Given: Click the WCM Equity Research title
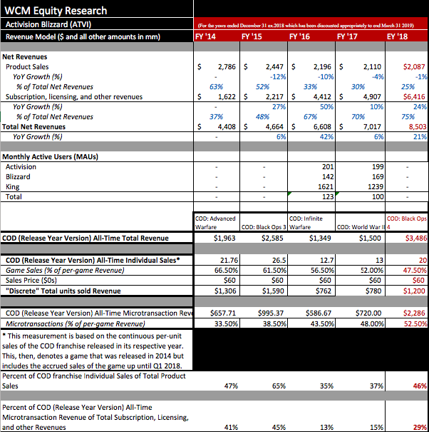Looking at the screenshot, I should (x=56, y=11).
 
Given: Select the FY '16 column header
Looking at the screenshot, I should (x=299, y=35).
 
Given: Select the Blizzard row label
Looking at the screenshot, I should (x=19, y=176).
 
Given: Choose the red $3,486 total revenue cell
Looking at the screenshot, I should (x=413, y=237).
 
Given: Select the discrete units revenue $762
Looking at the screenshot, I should (x=319, y=291).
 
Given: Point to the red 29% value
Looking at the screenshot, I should (x=419, y=426).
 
